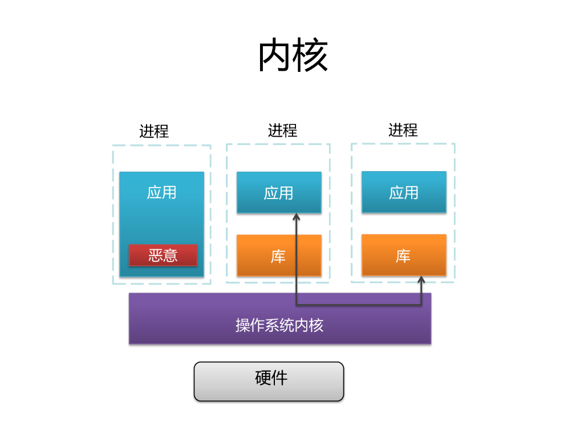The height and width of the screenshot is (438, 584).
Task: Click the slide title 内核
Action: tap(293, 56)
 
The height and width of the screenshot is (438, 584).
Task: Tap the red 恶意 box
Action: tap(163, 255)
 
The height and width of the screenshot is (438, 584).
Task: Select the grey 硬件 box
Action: tap(269, 381)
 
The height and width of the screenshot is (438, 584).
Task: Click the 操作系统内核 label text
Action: tap(279, 325)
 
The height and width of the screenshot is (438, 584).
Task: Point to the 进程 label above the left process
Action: tap(154, 131)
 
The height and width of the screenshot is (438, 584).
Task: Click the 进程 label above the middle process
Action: tap(283, 131)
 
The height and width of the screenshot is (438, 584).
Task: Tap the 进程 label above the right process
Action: tap(403, 130)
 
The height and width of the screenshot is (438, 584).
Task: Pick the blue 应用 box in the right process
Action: tap(404, 192)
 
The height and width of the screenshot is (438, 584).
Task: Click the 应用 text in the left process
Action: tap(161, 192)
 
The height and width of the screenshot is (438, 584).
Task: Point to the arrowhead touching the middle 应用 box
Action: tap(297, 217)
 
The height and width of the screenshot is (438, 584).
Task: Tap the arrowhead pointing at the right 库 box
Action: tap(421, 280)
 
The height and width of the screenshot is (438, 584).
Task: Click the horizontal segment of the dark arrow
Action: tap(359, 305)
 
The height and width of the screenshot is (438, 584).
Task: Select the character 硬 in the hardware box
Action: tap(263, 378)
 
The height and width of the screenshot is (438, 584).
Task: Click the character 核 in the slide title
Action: tap(311, 56)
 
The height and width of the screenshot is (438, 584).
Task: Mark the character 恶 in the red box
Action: tap(156, 255)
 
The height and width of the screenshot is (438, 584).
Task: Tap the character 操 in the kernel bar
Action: tap(242, 325)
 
